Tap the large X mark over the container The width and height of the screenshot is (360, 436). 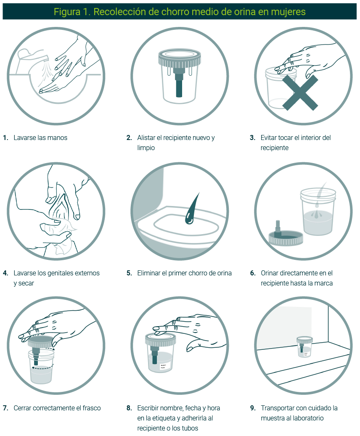(x=300, y=92)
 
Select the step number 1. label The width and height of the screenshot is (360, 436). (x=6, y=137)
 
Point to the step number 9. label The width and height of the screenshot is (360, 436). (x=253, y=408)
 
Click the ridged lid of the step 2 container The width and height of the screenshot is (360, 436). (x=180, y=58)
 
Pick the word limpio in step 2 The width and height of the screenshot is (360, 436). (x=146, y=148)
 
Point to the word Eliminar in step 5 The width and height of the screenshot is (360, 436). (x=148, y=273)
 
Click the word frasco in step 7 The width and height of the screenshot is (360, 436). (x=92, y=408)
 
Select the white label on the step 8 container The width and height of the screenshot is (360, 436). (x=163, y=367)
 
